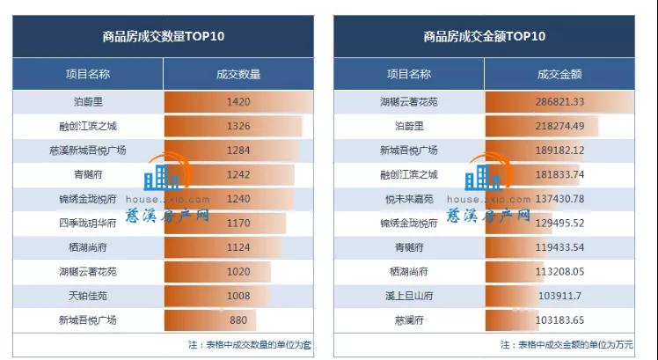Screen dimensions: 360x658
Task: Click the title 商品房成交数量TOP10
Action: point(163,37)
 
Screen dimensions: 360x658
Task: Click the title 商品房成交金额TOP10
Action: point(484,37)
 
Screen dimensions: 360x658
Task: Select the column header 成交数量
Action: point(238,75)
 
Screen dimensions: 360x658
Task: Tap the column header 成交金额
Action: point(559,75)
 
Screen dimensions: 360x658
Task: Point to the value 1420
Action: point(238,102)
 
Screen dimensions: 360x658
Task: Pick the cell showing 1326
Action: point(238,126)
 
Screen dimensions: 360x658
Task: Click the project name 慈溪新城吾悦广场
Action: point(88,151)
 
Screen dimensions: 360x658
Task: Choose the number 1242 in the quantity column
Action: point(238,174)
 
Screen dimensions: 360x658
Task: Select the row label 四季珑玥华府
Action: point(88,223)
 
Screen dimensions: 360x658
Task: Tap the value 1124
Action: point(238,247)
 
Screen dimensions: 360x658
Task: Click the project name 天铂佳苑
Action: point(88,296)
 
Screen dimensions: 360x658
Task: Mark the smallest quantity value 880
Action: point(238,320)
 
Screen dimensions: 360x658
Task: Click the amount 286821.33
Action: point(559,102)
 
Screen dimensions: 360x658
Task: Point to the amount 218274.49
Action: point(559,126)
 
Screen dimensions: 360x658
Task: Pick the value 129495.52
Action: point(559,223)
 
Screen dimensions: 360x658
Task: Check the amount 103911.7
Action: point(559,296)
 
